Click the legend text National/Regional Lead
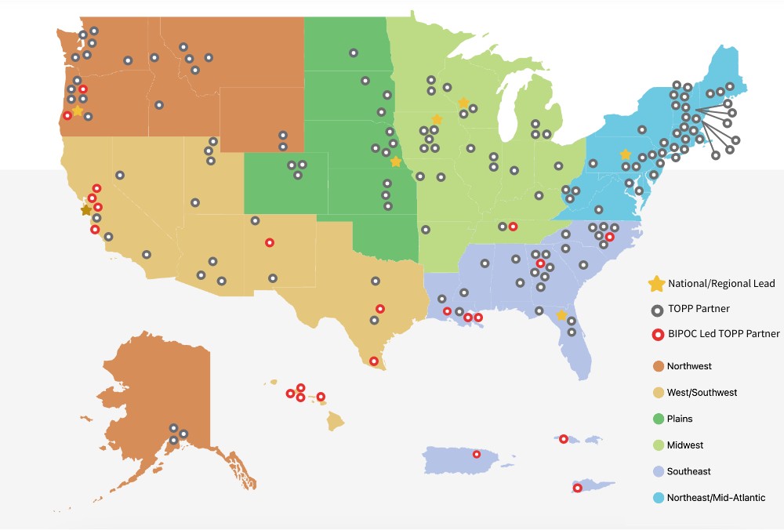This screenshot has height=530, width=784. click(721, 283)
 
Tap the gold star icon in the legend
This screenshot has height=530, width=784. click(655, 283)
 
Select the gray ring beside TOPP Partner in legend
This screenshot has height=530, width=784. click(655, 309)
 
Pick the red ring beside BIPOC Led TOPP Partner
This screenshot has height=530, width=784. click(655, 334)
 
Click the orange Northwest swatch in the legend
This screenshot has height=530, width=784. click(655, 366)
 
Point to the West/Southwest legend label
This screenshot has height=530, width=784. click(702, 392)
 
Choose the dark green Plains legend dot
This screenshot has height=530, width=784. click(655, 419)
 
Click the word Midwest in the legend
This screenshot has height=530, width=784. click(684, 445)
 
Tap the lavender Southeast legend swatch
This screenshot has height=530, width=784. click(655, 471)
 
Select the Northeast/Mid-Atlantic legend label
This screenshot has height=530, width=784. click(716, 498)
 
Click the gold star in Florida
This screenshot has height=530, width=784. click(561, 315)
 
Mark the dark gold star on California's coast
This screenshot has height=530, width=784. click(86, 210)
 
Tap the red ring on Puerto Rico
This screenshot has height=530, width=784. click(477, 454)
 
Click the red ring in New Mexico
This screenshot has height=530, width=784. click(270, 242)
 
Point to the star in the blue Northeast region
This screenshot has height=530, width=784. click(625, 154)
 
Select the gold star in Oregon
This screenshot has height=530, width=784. click(78, 111)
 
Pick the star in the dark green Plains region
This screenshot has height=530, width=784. click(396, 162)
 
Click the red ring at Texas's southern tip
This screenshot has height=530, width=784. click(374, 361)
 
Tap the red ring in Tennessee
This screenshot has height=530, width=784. click(513, 227)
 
